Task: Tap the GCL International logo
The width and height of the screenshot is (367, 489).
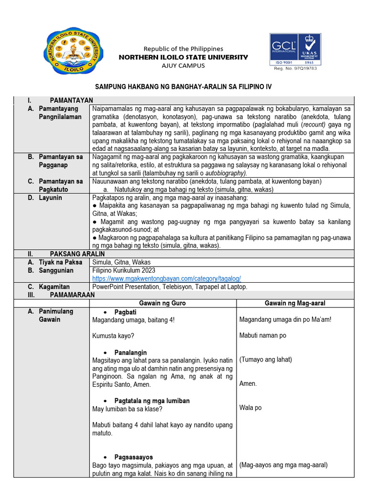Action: point(284,49)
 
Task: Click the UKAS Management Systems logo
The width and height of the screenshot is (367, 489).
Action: point(310,49)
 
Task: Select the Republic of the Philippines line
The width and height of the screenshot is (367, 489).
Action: point(184,49)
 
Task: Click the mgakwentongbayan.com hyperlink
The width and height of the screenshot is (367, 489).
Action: point(166,278)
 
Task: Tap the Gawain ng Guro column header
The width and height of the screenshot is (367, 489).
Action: point(162,303)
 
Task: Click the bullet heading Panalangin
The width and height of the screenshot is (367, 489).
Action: point(130,352)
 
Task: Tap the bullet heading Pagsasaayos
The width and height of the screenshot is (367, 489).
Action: point(133,457)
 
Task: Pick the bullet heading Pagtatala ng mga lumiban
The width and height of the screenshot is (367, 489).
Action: point(152,401)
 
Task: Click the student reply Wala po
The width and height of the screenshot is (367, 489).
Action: point(250,408)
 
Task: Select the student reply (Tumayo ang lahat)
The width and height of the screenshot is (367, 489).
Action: point(265,360)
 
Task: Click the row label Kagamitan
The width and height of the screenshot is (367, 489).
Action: point(54,287)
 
